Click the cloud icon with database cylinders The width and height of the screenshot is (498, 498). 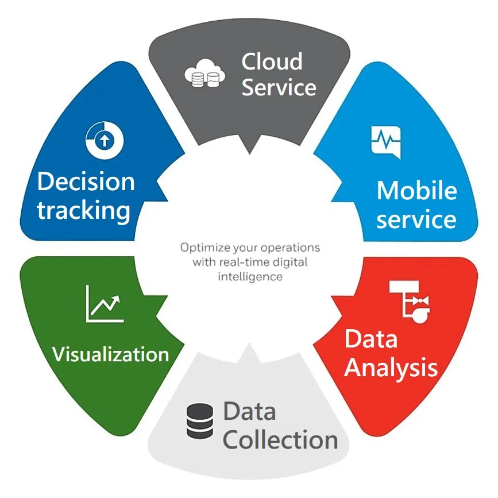205,74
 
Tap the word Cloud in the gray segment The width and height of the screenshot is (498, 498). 272,61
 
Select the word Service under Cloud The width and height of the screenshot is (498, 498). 279,87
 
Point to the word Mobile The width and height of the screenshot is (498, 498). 416,190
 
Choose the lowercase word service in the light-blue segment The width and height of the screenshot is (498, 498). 416,219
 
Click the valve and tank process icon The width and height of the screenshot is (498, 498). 410,302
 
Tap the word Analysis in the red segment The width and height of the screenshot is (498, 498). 391,368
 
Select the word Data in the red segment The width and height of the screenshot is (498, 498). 371,339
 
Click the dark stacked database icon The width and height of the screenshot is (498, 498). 200,421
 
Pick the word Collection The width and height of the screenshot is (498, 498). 280,439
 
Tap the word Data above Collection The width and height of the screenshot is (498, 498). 250,411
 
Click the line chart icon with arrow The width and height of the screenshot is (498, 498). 105,304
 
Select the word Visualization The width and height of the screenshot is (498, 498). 110,354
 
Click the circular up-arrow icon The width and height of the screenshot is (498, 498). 105,140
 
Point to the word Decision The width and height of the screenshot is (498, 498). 86,182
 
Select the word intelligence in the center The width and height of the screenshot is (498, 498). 250,277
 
